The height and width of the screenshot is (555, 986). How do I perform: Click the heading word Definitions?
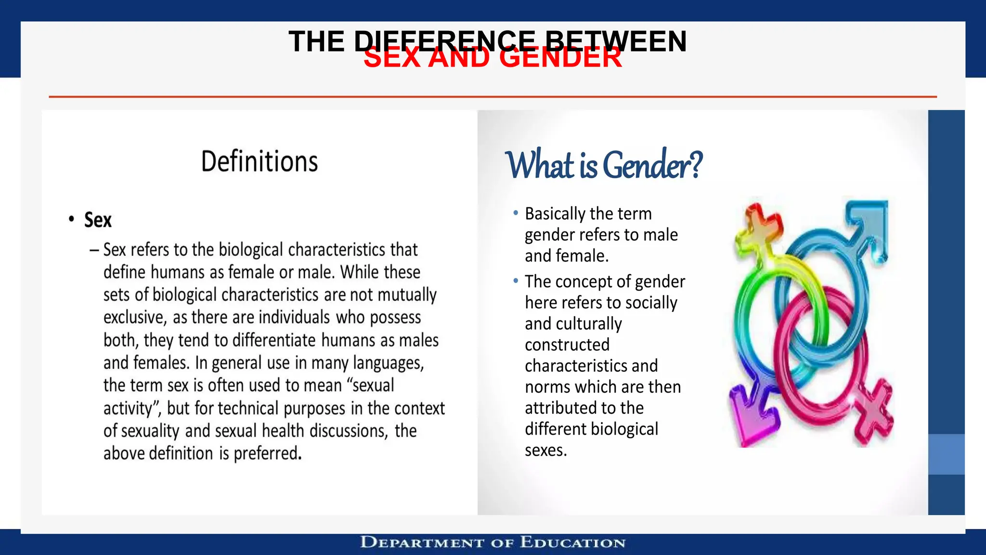pyautogui.click(x=259, y=161)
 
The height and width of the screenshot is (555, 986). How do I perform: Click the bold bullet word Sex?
pyautogui.click(x=98, y=220)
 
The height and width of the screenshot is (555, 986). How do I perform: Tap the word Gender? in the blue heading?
pyautogui.click(x=652, y=165)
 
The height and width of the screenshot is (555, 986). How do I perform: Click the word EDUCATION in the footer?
pyautogui.click(x=573, y=542)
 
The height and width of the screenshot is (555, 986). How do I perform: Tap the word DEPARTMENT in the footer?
pyautogui.click(x=422, y=542)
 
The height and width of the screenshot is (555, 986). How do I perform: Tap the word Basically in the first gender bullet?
pyautogui.click(x=555, y=213)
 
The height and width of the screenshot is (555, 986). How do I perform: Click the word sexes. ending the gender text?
pyautogui.click(x=546, y=450)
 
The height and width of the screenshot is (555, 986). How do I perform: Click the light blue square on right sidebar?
pyautogui.click(x=946, y=454)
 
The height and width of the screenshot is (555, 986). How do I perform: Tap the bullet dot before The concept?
pyautogui.click(x=516, y=280)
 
